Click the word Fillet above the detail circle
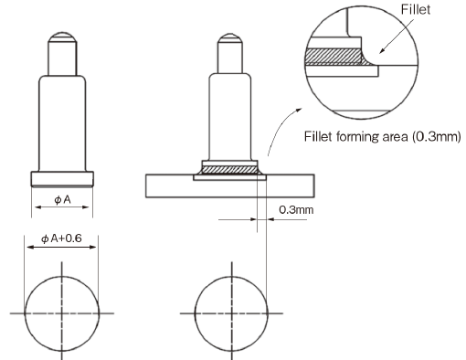click(x=415, y=10)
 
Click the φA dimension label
click(x=62, y=200)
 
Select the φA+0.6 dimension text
click(x=61, y=238)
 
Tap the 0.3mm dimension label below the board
click(x=296, y=210)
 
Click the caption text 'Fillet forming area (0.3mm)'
click(x=383, y=136)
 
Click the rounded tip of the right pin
click(x=230, y=37)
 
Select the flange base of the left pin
click(x=62, y=179)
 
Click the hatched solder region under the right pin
click(x=230, y=170)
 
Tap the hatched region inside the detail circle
click(x=334, y=57)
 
